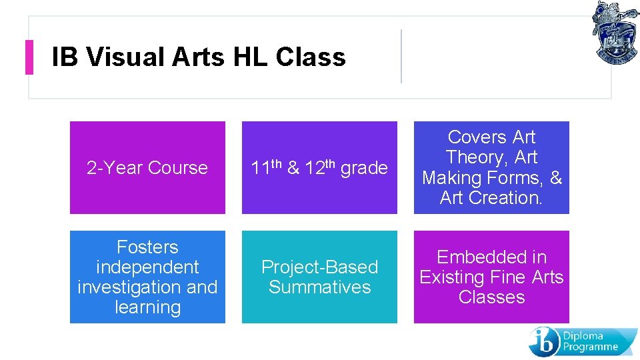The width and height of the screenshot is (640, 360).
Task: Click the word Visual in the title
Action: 125,57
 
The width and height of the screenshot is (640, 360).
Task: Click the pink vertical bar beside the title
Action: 29,57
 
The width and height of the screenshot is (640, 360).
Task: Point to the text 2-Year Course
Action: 147,168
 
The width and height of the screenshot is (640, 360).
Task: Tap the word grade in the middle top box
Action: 364,169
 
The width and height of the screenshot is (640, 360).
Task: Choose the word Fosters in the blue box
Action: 147,247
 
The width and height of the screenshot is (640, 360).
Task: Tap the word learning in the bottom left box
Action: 147,308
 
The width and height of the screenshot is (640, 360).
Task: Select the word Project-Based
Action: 319,267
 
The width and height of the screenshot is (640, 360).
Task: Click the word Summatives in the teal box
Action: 319,287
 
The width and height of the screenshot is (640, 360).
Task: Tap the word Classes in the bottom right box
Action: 491,297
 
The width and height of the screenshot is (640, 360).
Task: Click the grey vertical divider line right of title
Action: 401,56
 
